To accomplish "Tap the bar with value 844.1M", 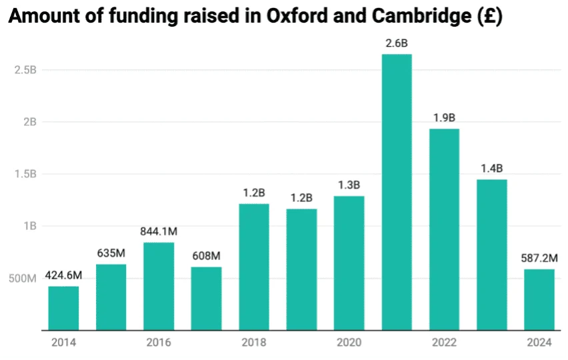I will (x=159, y=286).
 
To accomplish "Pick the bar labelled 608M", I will (x=206, y=298).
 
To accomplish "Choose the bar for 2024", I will (x=539, y=299).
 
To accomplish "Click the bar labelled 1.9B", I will (x=444, y=229).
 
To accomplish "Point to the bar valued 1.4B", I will (x=491, y=255).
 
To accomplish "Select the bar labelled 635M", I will (x=111, y=297).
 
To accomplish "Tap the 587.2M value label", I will (x=539, y=257).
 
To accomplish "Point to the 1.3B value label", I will (x=349, y=185).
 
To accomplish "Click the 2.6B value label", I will (x=397, y=43).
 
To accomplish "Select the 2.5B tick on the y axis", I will (x=25, y=70).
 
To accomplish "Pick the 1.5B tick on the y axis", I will (x=25, y=174).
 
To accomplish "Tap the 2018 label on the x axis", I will (x=254, y=343).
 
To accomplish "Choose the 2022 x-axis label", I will (x=444, y=343).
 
